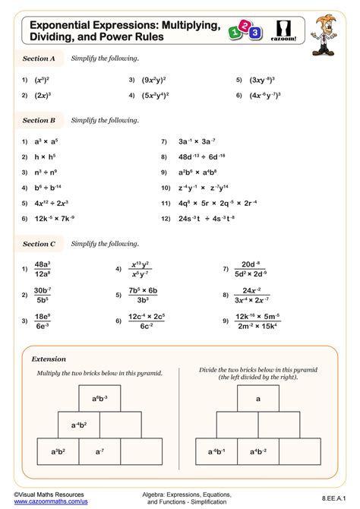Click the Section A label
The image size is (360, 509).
[x=39, y=58]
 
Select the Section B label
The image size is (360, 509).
[x=39, y=120]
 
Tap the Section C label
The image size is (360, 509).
[x=39, y=244]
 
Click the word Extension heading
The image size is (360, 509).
[x=49, y=358]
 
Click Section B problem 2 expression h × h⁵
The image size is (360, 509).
[x=46, y=157]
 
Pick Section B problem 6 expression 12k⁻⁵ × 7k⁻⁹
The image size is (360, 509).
[x=55, y=219]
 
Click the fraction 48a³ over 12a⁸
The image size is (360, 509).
[x=43, y=269]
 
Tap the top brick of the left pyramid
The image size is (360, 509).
[x=99, y=398]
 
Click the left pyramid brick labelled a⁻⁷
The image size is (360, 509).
[x=99, y=451]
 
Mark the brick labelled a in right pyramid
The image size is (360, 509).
[x=258, y=398]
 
